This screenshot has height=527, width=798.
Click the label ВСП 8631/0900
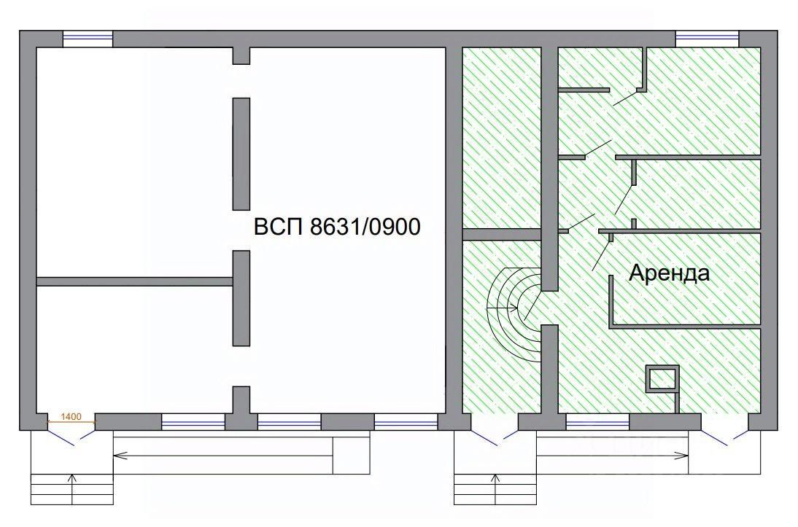337,227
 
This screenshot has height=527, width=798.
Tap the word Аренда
669,273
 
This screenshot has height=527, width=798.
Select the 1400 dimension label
71,417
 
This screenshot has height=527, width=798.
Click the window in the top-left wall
88,39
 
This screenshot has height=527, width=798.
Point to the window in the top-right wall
707,39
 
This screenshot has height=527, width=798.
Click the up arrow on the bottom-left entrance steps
71,489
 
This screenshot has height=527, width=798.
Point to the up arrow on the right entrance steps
495,489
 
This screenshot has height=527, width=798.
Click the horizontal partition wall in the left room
135,281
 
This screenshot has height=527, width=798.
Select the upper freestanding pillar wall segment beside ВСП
241,154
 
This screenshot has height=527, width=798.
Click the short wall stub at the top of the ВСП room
241,55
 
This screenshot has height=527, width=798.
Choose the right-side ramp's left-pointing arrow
613,456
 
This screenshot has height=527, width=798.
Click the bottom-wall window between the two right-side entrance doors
598,422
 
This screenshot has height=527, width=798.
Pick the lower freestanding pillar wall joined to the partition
241,299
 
